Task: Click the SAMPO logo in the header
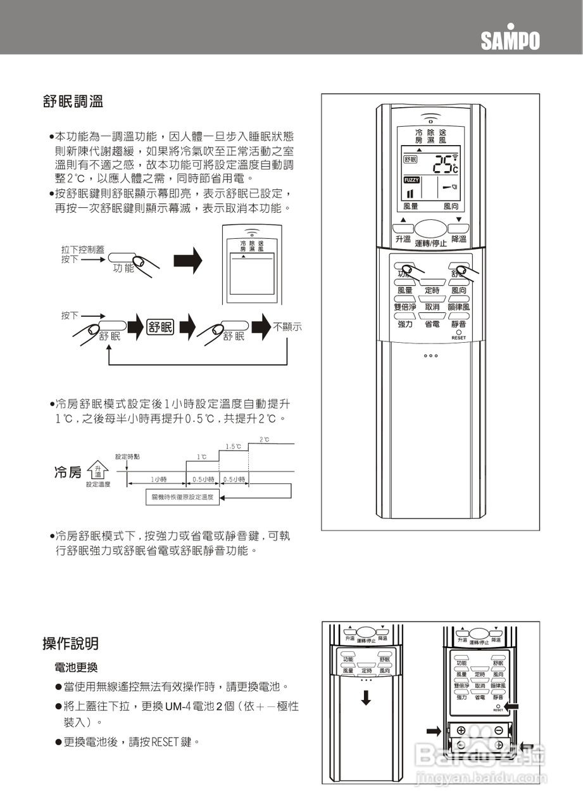pos(510,40)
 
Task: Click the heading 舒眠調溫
pos(73,101)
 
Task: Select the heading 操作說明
pos(70,644)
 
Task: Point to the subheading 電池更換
pos(76,668)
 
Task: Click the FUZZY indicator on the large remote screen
pos(411,181)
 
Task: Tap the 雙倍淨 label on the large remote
pos(405,307)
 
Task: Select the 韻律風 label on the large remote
pos(458,307)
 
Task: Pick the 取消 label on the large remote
pos(432,307)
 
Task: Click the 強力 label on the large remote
pos(405,324)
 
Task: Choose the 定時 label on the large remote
pos(432,290)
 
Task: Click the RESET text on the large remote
pos(458,338)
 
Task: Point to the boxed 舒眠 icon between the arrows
pos(160,327)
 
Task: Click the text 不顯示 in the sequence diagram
pos(287,327)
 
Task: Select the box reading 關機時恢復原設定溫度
pos(182,498)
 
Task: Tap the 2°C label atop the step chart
pos(264,440)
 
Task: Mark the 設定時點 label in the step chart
pos(127,457)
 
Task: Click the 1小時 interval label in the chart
pos(158,479)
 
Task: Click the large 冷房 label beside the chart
pos(68,473)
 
